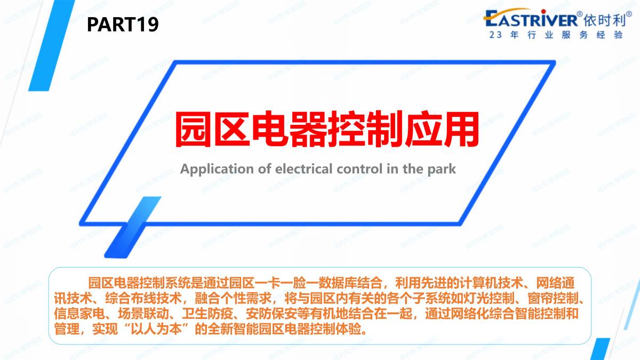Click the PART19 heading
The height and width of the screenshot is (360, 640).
pyautogui.click(x=123, y=25)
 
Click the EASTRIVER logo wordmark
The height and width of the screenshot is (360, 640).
pyautogui.click(x=531, y=18)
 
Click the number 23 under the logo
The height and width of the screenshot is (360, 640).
pyautogui.click(x=495, y=35)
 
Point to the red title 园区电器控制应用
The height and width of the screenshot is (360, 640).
pyautogui.click(x=326, y=129)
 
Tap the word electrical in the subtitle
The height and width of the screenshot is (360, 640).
pyautogui.click(x=303, y=169)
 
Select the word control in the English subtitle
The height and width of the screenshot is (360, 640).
pyautogui.click(x=359, y=169)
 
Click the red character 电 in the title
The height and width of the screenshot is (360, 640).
pyautogui.click(x=270, y=129)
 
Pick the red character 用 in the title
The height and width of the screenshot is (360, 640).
pyautogui.click(x=461, y=129)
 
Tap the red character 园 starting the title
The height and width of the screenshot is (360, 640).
pyautogui.click(x=193, y=129)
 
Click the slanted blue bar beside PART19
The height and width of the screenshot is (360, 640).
pyautogui.click(x=52, y=45)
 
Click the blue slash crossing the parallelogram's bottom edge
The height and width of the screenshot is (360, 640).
pyautogui.click(x=133, y=227)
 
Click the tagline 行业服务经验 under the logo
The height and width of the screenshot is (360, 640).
pyautogui.click(x=575, y=35)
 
